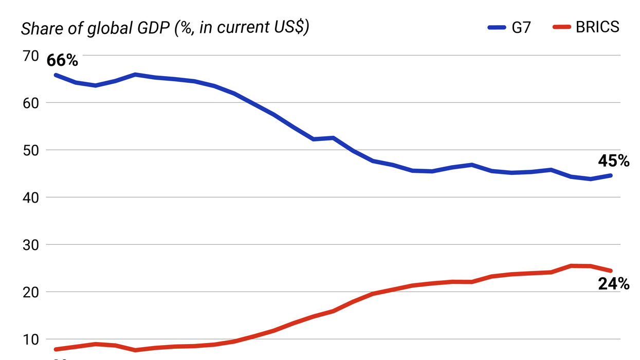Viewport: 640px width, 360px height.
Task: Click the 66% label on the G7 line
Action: click(62, 61)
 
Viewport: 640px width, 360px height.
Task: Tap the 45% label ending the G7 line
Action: click(614, 161)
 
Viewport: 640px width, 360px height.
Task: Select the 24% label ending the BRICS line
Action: click(614, 283)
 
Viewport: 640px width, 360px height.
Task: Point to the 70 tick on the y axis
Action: click(30, 56)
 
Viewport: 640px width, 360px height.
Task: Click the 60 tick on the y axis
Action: click(30, 103)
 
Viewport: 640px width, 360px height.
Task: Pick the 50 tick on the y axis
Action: click(30, 150)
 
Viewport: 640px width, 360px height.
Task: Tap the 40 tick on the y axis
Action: click(30, 197)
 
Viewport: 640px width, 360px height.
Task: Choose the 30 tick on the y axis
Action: click(30, 245)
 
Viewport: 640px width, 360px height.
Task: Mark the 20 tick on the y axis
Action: click(30, 292)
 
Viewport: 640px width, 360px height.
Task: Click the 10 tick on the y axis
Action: click(30, 339)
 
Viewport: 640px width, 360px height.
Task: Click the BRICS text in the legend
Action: click(597, 27)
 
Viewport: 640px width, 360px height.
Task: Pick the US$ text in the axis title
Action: click(288, 28)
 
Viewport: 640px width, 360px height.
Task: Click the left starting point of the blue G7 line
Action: click(56, 75)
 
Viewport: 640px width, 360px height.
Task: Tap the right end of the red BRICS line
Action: click(611, 271)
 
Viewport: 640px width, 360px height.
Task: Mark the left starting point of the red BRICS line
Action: click(56, 349)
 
